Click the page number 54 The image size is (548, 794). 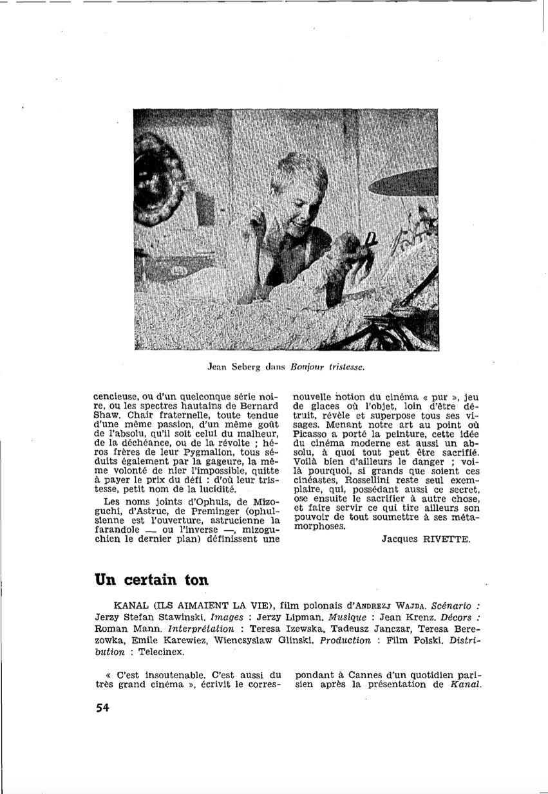(x=102, y=708)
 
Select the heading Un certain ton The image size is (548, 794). (x=151, y=578)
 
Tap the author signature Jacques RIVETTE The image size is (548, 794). (x=426, y=539)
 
